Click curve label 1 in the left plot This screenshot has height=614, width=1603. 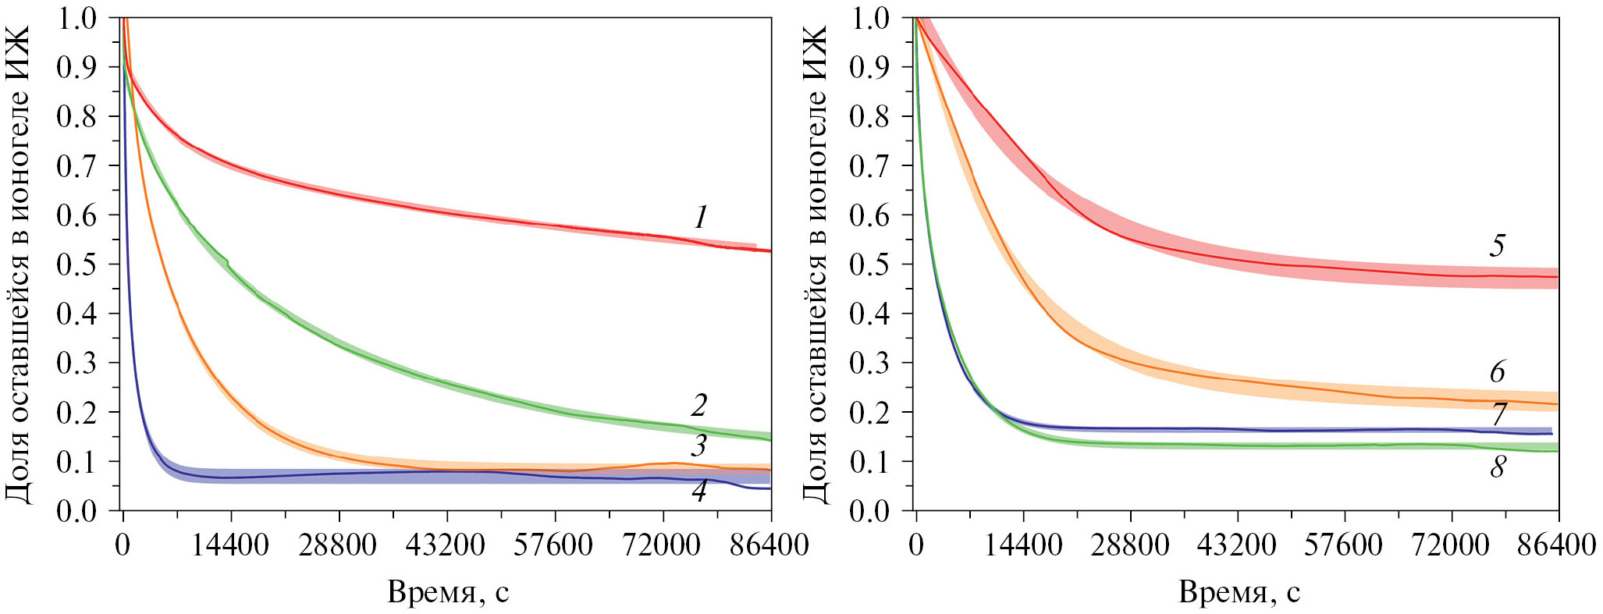(x=701, y=217)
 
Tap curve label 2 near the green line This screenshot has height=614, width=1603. (x=699, y=405)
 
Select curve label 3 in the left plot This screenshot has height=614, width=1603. (x=699, y=445)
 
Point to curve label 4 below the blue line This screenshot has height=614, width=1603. (x=699, y=492)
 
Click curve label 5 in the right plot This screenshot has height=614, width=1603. (x=1497, y=246)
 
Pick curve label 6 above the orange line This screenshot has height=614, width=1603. (x=1497, y=372)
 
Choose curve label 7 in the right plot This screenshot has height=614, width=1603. (x=1498, y=414)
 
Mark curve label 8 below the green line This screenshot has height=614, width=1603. (x=1497, y=467)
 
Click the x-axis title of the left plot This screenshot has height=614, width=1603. (x=448, y=593)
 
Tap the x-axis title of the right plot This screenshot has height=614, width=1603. (x=1239, y=593)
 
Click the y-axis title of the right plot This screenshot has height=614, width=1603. (x=814, y=264)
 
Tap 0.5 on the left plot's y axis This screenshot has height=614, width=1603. (x=76, y=264)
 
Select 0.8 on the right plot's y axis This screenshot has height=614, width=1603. (x=869, y=117)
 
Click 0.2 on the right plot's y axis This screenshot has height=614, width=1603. (x=869, y=413)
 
